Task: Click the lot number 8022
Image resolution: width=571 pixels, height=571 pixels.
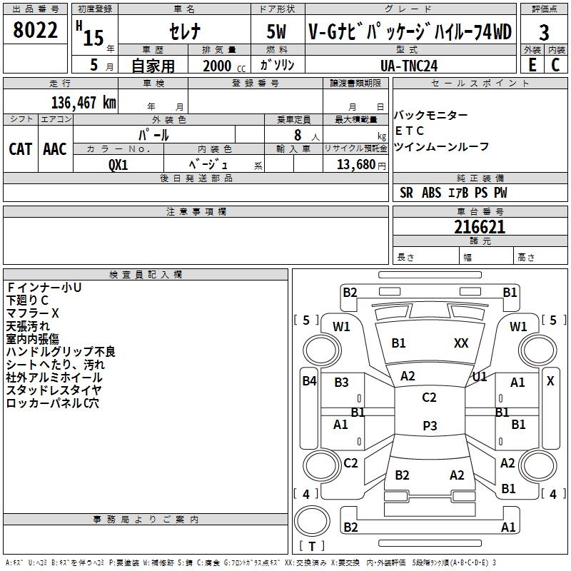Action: point(36,31)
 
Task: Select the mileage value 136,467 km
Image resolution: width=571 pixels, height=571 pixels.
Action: point(84,102)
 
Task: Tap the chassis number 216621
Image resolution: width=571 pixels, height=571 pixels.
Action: point(480,227)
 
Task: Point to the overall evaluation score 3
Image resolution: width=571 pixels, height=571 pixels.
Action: point(544,33)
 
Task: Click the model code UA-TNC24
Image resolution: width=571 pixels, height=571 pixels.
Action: point(409,65)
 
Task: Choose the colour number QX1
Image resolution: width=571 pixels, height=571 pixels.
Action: point(118,164)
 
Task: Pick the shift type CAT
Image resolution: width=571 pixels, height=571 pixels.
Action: point(21,149)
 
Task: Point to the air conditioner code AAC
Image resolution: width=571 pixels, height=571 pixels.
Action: point(55,149)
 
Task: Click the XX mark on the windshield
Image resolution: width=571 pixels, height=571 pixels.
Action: point(461,343)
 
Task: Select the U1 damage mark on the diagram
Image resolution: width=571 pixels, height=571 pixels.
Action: point(480,376)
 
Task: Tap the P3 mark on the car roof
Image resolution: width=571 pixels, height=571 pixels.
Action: point(429,425)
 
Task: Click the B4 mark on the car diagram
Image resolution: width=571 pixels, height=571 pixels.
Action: point(309,381)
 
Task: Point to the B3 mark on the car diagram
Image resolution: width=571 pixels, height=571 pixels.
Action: point(341,383)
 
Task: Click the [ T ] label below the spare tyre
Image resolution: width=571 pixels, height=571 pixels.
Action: point(311,546)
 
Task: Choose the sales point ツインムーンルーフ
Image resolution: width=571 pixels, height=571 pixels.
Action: point(441,146)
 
